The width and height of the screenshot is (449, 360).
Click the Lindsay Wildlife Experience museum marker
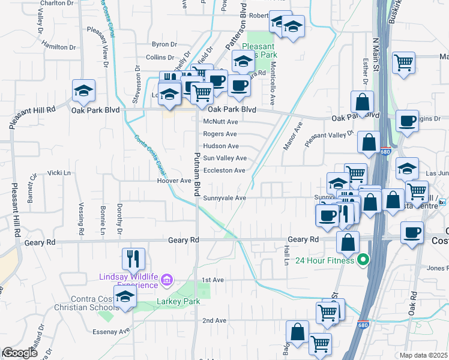tap(167, 279)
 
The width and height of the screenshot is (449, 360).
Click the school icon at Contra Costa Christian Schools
tap(125, 297)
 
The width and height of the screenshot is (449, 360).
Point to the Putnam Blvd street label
tap(196, 174)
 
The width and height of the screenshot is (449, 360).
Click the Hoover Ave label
tap(173, 181)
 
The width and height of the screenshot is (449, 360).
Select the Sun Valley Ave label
tap(224, 158)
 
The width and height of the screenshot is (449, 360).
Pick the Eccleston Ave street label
tap(224, 170)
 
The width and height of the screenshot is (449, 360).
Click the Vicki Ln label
tap(59, 172)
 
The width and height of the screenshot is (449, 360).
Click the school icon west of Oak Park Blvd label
tap(83, 91)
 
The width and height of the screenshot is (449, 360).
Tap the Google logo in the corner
tap(20, 353)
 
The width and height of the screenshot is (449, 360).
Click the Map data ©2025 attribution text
tap(424, 355)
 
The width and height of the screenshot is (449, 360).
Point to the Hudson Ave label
tap(221, 146)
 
